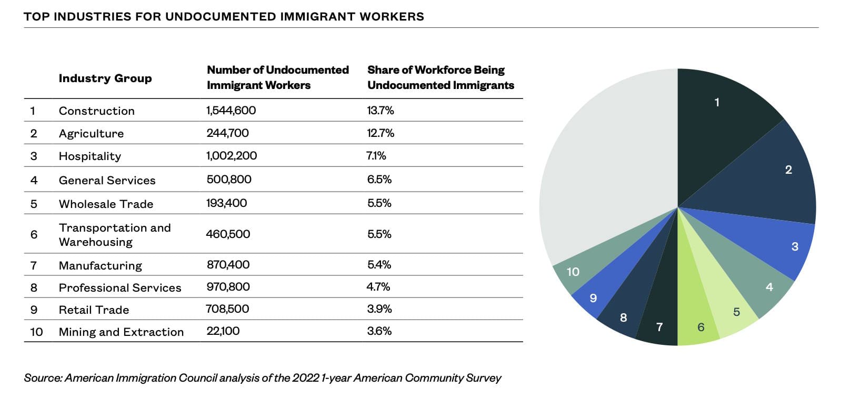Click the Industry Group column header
click(x=105, y=78)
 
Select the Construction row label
click(x=97, y=111)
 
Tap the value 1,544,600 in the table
click(x=231, y=111)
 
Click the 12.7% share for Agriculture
click(x=381, y=133)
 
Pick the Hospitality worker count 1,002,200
click(x=232, y=156)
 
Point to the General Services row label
click(x=107, y=180)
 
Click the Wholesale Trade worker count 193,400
click(x=226, y=203)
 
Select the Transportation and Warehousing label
click(x=115, y=235)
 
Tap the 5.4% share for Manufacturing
click(x=379, y=265)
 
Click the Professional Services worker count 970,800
click(x=228, y=287)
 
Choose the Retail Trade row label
click(x=94, y=310)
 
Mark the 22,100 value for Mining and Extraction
click(x=223, y=331)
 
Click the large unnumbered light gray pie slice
click(x=605, y=174)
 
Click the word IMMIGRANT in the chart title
click(x=317, y=16)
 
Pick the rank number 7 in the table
click(x=34, y=265)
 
